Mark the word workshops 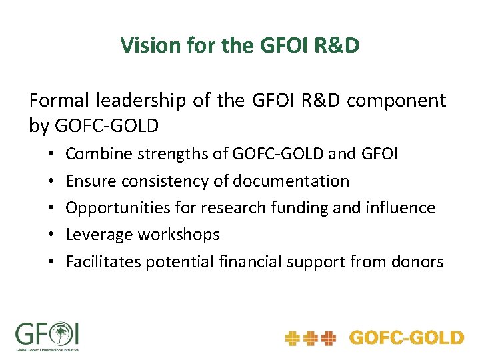coord(179,234)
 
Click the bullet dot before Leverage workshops coord(51,235)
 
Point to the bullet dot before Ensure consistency coord(51,181)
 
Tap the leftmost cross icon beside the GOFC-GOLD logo coord(292,338)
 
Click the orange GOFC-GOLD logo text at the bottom coord(406,338)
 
